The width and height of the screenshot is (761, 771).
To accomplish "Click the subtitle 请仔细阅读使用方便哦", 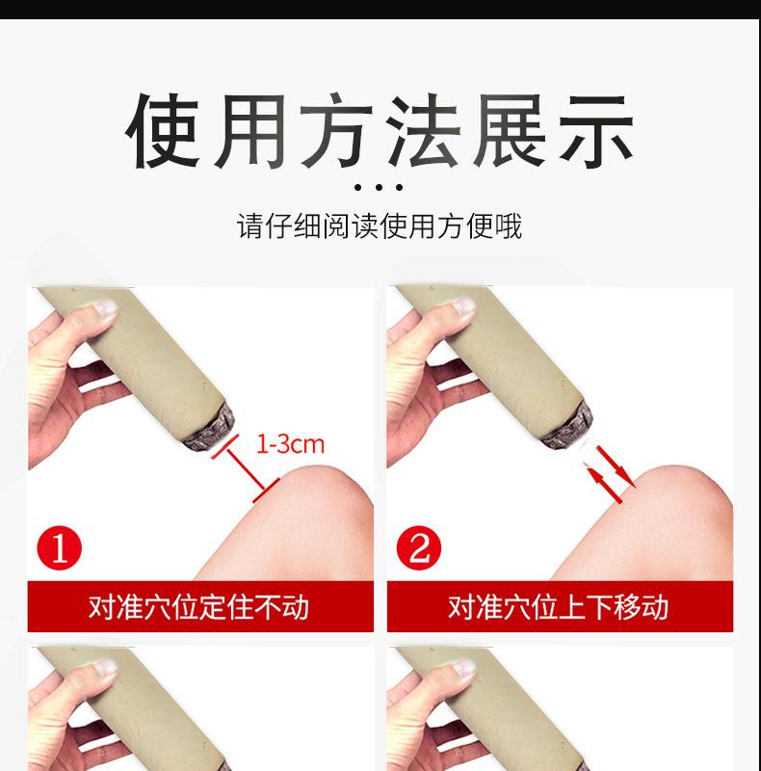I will coord(380,226).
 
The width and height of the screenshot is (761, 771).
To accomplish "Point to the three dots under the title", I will coord(380,187).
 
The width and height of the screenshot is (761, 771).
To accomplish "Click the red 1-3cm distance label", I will coord(290,444).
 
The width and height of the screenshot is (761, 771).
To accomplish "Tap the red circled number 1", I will coord(60,550).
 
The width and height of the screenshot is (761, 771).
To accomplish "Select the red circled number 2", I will coord(419,550).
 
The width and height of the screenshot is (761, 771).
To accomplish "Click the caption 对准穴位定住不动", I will coord(199,607).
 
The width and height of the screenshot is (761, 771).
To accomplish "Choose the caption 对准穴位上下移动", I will coord(559,607).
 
